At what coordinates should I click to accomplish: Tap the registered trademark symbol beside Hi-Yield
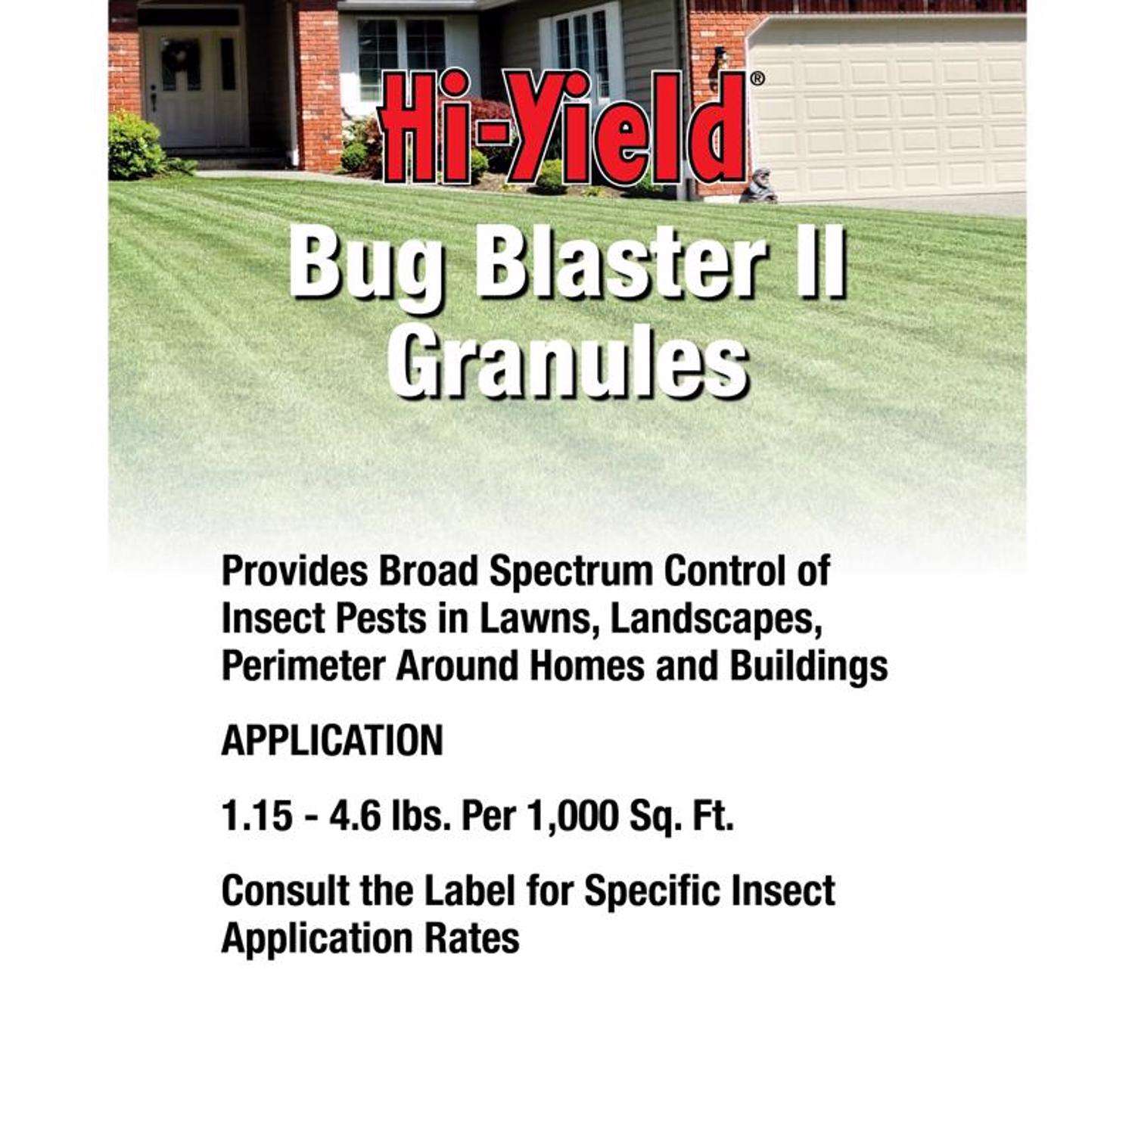tap(759, 78)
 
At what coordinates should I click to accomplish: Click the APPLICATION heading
tap(332, 740)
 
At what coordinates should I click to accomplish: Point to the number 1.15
tap(257, 817)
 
